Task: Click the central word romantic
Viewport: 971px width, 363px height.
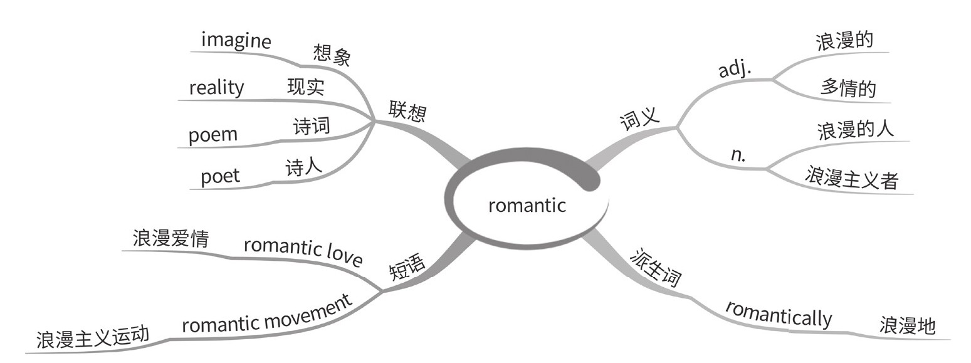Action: pyautogui.click(x=527, y=205)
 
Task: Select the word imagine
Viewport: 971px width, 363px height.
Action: pyautogui.click(x=236, y=41)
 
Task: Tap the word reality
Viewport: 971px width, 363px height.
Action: pyautogui.click(x=216, y=87)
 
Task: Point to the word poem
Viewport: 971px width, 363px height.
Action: pyautogui.click(x=213, y=135)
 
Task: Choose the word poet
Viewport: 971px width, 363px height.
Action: pyautogui.click(x=220, y=176)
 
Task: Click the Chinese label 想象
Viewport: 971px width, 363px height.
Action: pyautogui.click(x=332, y=56)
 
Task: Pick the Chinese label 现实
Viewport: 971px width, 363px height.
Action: pyautogui.click(x=305, y=87)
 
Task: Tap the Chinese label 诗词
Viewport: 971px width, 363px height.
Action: pyautogui.click(x=312, y=126)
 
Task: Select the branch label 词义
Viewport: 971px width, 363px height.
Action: pyautogui.click(x=640, y=117)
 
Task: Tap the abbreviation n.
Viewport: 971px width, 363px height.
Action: pyautogui.click(x=738, y=155)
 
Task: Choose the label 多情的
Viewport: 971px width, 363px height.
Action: pyautogui.click(x=848, y=88)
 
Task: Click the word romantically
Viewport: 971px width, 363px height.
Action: pyautogui.click(x=779, y=313)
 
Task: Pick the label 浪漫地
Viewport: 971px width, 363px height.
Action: pyautogui.click(x=907, y=325)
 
